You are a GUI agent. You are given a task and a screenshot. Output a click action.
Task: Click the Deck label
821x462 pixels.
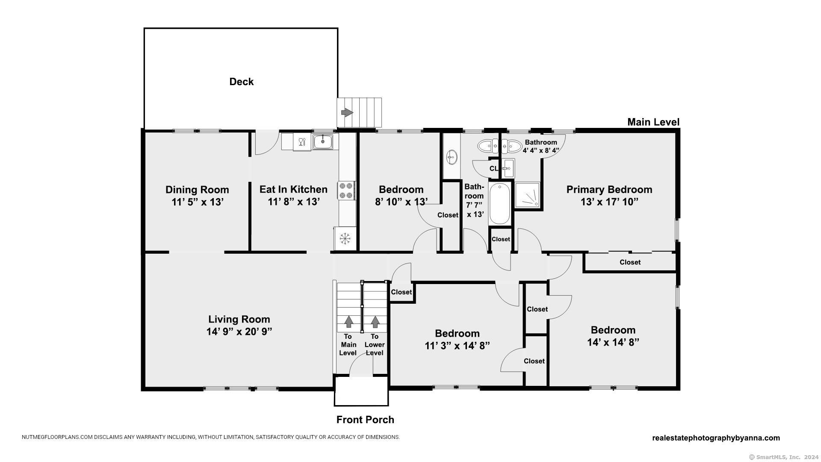pos(241,82)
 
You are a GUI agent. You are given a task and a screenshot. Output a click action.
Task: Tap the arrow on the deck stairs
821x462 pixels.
pos(347,113)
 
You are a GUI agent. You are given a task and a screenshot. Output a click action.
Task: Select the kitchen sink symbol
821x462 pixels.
pos(323,141)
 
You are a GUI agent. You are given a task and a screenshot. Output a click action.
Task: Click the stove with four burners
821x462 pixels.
pos(347,190)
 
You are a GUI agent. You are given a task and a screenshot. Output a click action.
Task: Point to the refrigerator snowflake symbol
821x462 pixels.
pos(345,238)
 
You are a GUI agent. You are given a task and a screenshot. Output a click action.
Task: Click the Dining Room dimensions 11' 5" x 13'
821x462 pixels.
pos(198,202)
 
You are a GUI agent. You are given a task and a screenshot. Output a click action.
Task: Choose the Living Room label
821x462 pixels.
pos(239,319)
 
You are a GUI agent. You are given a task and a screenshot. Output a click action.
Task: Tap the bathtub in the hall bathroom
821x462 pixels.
pos(499,203)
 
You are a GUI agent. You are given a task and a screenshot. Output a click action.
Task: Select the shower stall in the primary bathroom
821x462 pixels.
pos(527,195)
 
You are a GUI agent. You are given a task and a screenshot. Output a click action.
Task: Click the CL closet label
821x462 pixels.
pos(494,169)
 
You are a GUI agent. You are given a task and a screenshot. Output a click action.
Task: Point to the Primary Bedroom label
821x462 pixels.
pos(609,190)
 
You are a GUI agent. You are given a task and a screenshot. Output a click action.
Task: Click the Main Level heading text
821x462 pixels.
pos(653,122)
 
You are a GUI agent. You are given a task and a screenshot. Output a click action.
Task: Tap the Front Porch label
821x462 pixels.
pos(365,420)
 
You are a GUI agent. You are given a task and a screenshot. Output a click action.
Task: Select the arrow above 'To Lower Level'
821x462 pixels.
pos(375,322)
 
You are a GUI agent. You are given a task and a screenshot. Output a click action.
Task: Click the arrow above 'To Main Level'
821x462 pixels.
pos(348,322)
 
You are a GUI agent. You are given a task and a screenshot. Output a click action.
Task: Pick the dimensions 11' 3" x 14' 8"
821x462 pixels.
pos(457,346)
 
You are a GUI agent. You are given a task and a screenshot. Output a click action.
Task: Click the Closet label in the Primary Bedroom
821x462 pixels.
pos(630,262)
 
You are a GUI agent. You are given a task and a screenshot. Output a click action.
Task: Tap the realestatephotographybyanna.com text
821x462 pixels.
pos(716,438)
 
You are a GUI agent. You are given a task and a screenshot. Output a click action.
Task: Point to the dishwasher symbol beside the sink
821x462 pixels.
pos(302,142)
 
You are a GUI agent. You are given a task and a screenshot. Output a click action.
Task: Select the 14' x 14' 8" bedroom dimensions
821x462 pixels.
pos(613,342)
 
